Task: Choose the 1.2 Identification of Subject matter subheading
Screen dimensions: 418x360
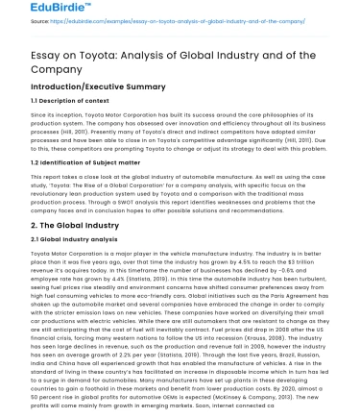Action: (78, 163)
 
